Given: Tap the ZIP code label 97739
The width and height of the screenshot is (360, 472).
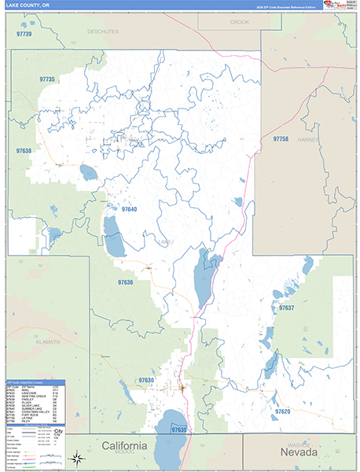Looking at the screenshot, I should [24, 35].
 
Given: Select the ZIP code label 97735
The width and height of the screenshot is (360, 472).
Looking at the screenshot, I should [46, 79].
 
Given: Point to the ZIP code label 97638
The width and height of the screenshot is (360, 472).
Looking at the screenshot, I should [23, 150].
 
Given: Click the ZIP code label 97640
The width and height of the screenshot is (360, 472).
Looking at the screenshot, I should [129, 209].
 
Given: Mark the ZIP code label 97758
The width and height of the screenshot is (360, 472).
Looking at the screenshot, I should [281, 138].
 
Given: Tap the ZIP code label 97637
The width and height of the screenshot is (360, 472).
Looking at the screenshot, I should [286, 308].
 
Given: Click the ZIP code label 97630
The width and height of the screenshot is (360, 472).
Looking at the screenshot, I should [146, 380].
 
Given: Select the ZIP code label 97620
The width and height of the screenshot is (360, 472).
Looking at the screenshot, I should [282, 411].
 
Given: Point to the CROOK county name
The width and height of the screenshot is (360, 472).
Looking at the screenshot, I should [239, 22].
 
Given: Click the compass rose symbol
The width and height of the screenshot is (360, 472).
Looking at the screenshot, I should [76, 458].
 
